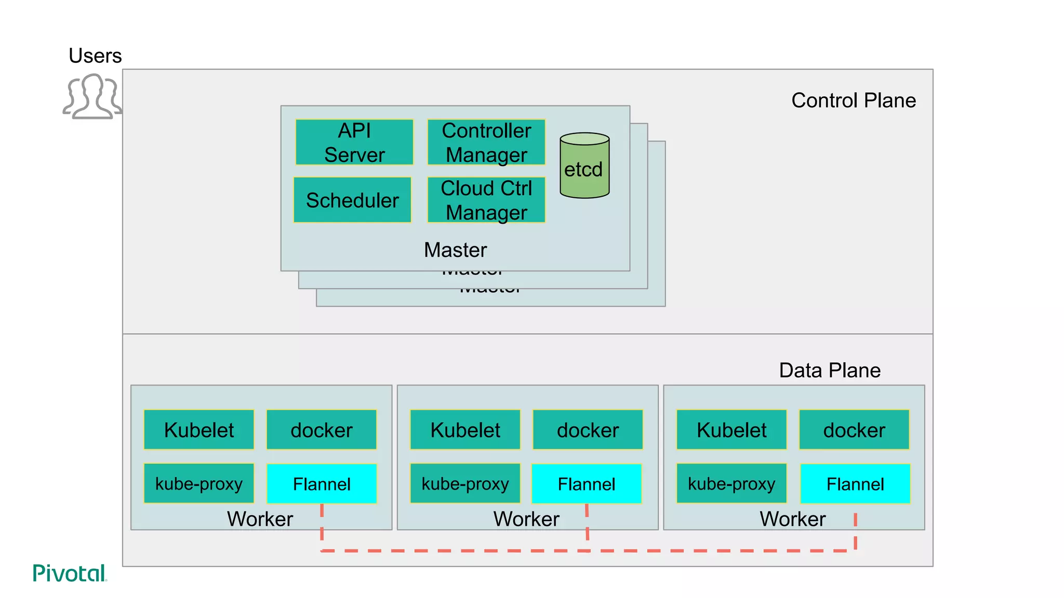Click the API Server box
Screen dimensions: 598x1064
pos(354,142)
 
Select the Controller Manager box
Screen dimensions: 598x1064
pos(486,142)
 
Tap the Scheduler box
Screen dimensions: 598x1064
pos(352,200)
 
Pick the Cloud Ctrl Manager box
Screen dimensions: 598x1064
pos(486,200)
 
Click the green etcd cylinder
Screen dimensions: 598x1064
pos(584,166)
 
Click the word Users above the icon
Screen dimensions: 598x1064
pos(95,56)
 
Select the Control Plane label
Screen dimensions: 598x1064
pos(853,100)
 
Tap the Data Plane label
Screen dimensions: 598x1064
pos(829,370)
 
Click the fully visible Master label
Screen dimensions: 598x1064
pos(455,250)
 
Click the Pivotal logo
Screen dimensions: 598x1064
pos(69,573)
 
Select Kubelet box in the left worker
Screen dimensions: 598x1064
pos(199,430)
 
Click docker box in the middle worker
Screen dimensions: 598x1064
pos(588,430)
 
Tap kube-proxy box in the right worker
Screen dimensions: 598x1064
pos(731,484)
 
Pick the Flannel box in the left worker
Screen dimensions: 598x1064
pos(322,484)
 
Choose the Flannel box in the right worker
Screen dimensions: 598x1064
pos(855,484)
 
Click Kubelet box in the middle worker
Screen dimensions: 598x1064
pos(465,430)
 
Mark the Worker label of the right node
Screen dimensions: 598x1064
pos(792,519)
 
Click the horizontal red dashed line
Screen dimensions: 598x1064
pos(520,551)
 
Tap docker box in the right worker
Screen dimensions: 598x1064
pos(854,430)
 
